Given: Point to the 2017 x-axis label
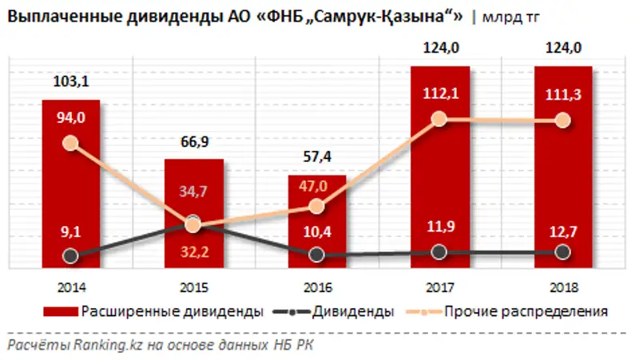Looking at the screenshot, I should [439, 285].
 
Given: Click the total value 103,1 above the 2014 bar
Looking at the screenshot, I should [70, 81].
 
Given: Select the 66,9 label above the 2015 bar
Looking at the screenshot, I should [193, 142].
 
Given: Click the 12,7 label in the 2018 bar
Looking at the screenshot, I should [562, 233].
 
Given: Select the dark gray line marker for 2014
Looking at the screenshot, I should [70, 256].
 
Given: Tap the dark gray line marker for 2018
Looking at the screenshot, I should [562, 251].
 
